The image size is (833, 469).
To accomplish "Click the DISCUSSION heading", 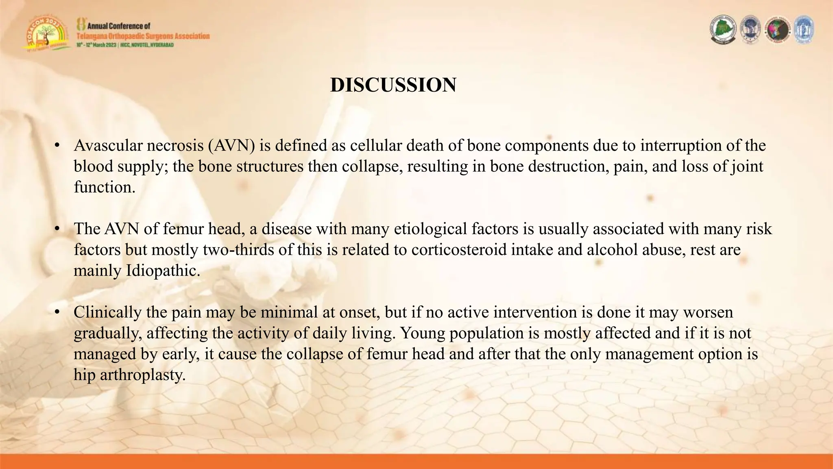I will pyautogui.click(x=393, y=85).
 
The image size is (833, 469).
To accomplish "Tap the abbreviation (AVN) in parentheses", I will pyautogui.click(x=231, y=146).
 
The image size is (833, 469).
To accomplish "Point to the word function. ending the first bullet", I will pyautogui.click(x=104, y=187).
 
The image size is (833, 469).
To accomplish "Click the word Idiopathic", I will pyautogui.click(x=163, y=271).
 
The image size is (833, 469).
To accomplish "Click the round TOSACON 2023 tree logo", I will pyautogui.click(x=46, y=35).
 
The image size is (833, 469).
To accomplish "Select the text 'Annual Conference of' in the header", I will pyautogui.click(x=118, y=26).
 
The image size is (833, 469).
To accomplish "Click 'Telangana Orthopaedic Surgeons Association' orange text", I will pyautogui.click(x=143, y=36).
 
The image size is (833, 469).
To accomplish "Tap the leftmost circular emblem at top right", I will pyautogui.click(x=723, y=30).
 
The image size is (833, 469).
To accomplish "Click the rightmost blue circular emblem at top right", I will pyautogui.click(x=804, y=30).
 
